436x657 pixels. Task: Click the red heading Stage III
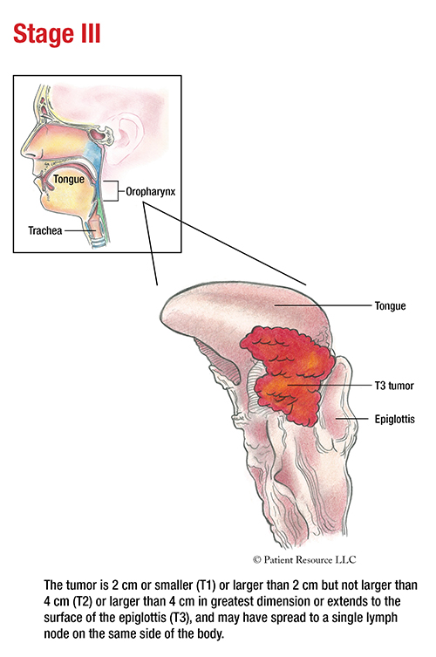57,33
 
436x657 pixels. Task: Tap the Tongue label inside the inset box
69,180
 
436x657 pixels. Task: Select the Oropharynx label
151,192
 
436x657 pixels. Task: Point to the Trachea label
45,230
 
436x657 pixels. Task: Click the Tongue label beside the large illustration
391,306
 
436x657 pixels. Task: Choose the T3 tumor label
394,386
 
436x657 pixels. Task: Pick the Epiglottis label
394,419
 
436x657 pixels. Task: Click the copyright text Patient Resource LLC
304,560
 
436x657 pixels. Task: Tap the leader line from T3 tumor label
330,385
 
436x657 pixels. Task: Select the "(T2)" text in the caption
82,601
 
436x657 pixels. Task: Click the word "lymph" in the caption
380,618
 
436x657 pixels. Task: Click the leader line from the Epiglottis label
353,419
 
